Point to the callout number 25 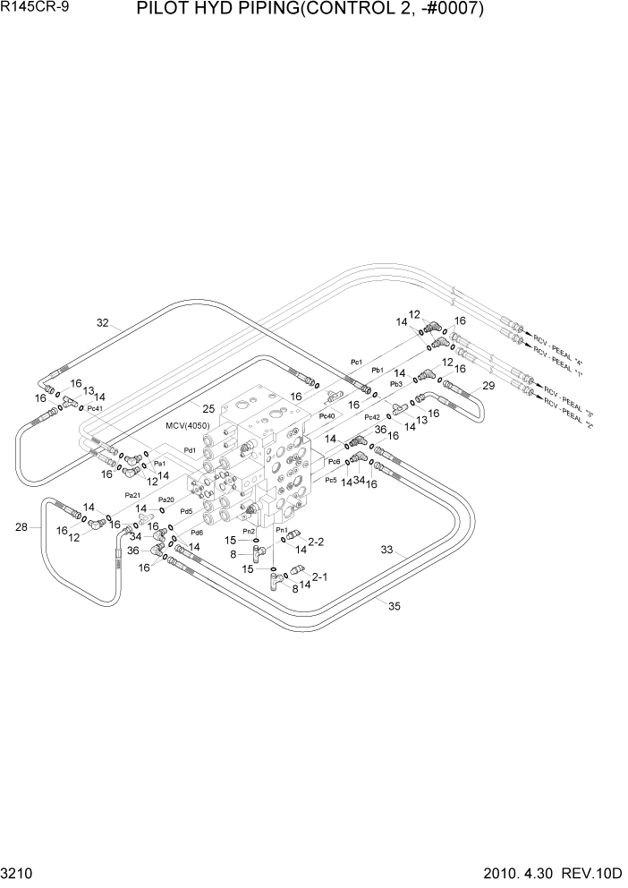(x=208, y=409)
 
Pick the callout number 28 (x=21, y=527)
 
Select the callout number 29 (x=488, y=386)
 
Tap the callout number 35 (x=394, y=606)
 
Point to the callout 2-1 (x=319, y=577)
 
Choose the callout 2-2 (x=316, y=542)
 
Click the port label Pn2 (x=250, y=531)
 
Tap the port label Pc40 (x=327, y=416)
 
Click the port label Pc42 (x=372, y=417)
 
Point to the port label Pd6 (x=197, y=533)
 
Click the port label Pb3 (x=396, y=383)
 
